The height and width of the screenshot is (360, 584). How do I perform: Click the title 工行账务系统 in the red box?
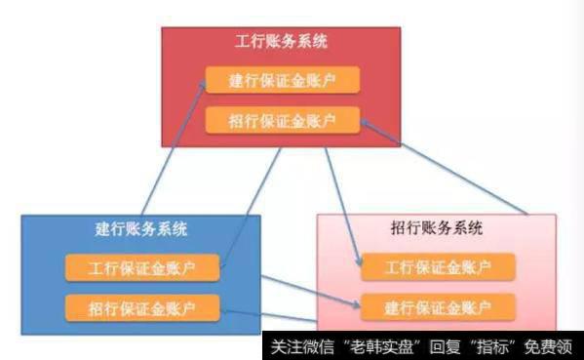pyautogui.click(x=282, y=42)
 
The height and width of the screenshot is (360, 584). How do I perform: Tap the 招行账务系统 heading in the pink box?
pyautogui.click(x=436, y=230)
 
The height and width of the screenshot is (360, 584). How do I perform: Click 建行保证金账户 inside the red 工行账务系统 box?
pyautogui.click(x=282, y=80)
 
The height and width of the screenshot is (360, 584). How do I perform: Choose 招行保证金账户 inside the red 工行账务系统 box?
pyautogui.click(x=282, y=121)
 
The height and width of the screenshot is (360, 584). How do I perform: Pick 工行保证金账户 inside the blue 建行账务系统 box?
pyautogui.click(x=141, y=266)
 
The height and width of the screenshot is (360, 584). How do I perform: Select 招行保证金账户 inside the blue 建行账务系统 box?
pyautogui.click(x=141, y=308)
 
